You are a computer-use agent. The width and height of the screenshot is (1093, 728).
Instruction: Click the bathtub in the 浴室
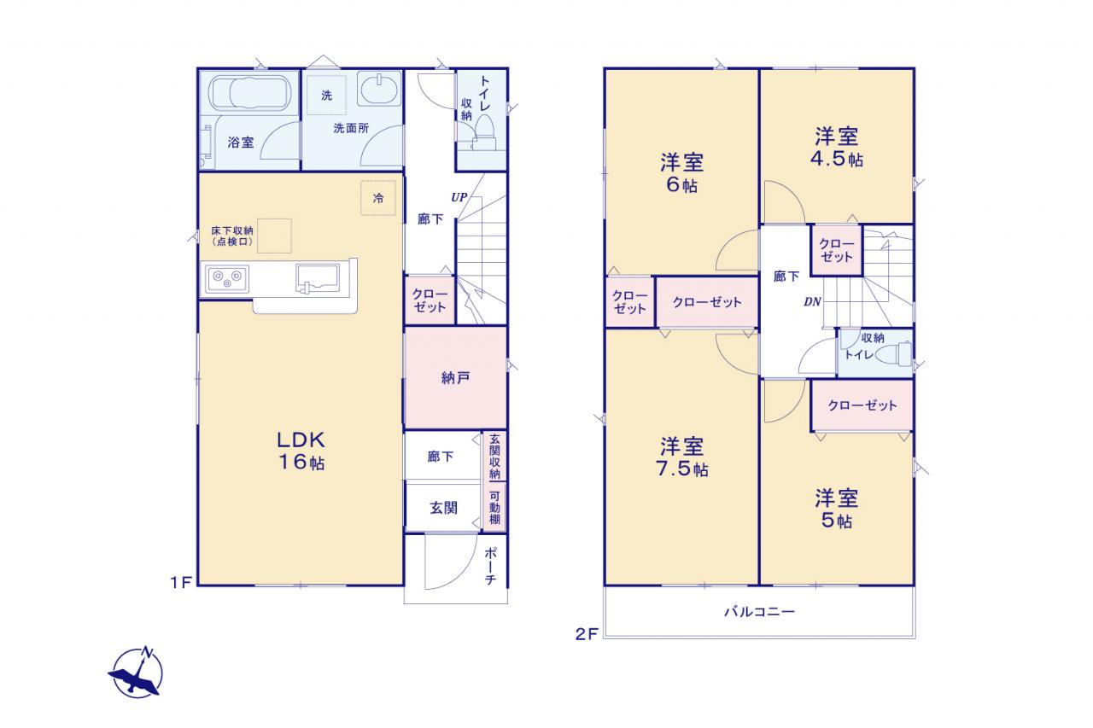(x=249, y=93)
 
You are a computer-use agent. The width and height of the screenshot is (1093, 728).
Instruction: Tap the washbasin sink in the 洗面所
(x=379, y=89)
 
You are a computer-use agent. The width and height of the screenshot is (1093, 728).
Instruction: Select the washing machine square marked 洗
(x=326, y=95)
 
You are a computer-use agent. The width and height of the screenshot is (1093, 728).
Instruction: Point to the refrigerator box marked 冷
(x=378, y=198)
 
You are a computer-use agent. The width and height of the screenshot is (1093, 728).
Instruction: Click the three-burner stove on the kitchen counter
(x=227, y=279)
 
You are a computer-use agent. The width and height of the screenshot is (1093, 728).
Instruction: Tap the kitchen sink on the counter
(x=318, y=278)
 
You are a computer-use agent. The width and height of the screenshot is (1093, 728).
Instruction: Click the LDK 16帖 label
(x=301, y=451)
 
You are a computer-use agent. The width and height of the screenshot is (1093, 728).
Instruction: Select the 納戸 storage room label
(x=456, y=378)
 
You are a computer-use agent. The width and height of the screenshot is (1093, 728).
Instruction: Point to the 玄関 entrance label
(x=443, y=508)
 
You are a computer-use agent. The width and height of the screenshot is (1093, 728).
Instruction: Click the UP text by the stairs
(x=459, y=197)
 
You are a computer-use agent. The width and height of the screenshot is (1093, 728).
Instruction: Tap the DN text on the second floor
(x=812, y=302)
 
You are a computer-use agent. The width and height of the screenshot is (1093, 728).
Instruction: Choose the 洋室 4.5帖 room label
(x=836, y=148)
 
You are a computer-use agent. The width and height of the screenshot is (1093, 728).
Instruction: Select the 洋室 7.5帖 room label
(x=681, y=457)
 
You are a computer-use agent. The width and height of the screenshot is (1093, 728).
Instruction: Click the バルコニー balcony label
(x=759, y=611)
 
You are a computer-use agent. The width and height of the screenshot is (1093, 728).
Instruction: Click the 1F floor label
(x=180, y=582)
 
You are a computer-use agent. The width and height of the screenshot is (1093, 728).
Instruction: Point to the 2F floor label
(x=587, y=634)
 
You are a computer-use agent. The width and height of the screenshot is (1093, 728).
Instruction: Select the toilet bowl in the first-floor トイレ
(x=484, y=131)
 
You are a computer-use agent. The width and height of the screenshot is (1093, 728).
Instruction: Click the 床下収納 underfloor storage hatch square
(x=274, y=236)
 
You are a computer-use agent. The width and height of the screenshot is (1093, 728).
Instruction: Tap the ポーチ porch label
(x=491, y=566)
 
